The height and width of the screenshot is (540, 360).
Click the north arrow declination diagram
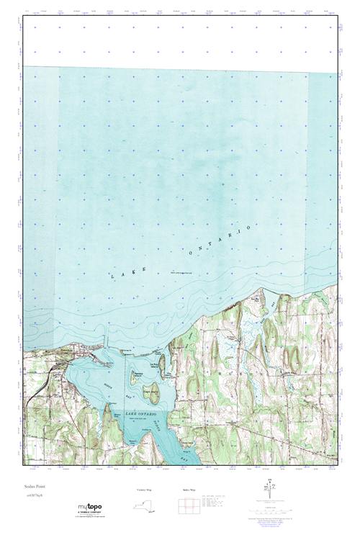[x=266, y=489]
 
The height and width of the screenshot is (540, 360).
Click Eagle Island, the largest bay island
[x=150, y=393]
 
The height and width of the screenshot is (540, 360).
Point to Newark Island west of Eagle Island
[x=134, y=375]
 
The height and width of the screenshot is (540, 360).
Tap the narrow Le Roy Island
[x=163, y=364]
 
